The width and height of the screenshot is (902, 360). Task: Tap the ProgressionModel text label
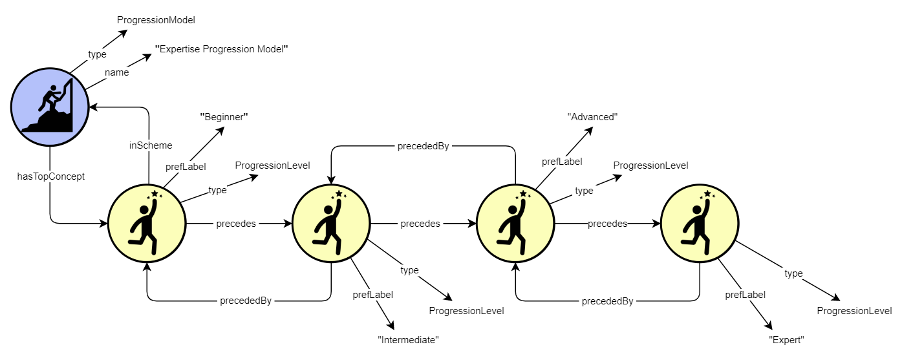[x=156, y=20]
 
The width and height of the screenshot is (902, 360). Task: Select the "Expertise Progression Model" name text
[x=221, y=49]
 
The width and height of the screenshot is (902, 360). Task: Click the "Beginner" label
[x=224, y=117]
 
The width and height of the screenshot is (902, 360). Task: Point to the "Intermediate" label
[x=408, y=339]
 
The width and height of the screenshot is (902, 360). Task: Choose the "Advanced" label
[x=593, y=117]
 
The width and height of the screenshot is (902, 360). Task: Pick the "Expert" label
[x=786, y=339]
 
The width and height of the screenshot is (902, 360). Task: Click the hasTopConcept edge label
[x=50, y=176]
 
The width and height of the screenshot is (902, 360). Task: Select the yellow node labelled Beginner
[x=146, y=224]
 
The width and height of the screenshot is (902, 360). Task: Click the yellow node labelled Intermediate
[x=331, y=224]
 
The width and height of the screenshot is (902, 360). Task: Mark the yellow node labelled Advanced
[x=515, y=224]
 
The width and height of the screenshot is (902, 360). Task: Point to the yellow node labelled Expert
[x=699, y=224]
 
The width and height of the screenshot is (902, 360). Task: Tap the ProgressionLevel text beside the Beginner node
[x=272, y=165]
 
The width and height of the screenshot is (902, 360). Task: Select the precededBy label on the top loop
[x=423, y=146]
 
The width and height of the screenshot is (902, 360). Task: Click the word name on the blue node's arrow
[x=116, y=72]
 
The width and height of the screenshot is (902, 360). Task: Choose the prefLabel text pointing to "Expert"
[x=745, y=295]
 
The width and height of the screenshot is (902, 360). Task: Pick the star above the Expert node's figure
[x=707, y=194]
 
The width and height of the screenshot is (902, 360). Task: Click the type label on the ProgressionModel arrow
[x=97, y=54]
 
